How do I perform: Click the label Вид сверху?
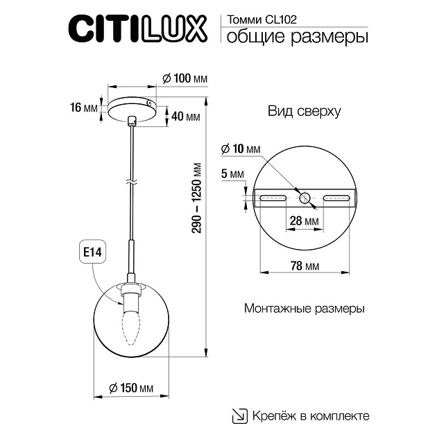click(304, 111)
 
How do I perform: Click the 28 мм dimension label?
click(305, 221)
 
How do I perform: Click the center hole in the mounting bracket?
click(306, 198)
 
